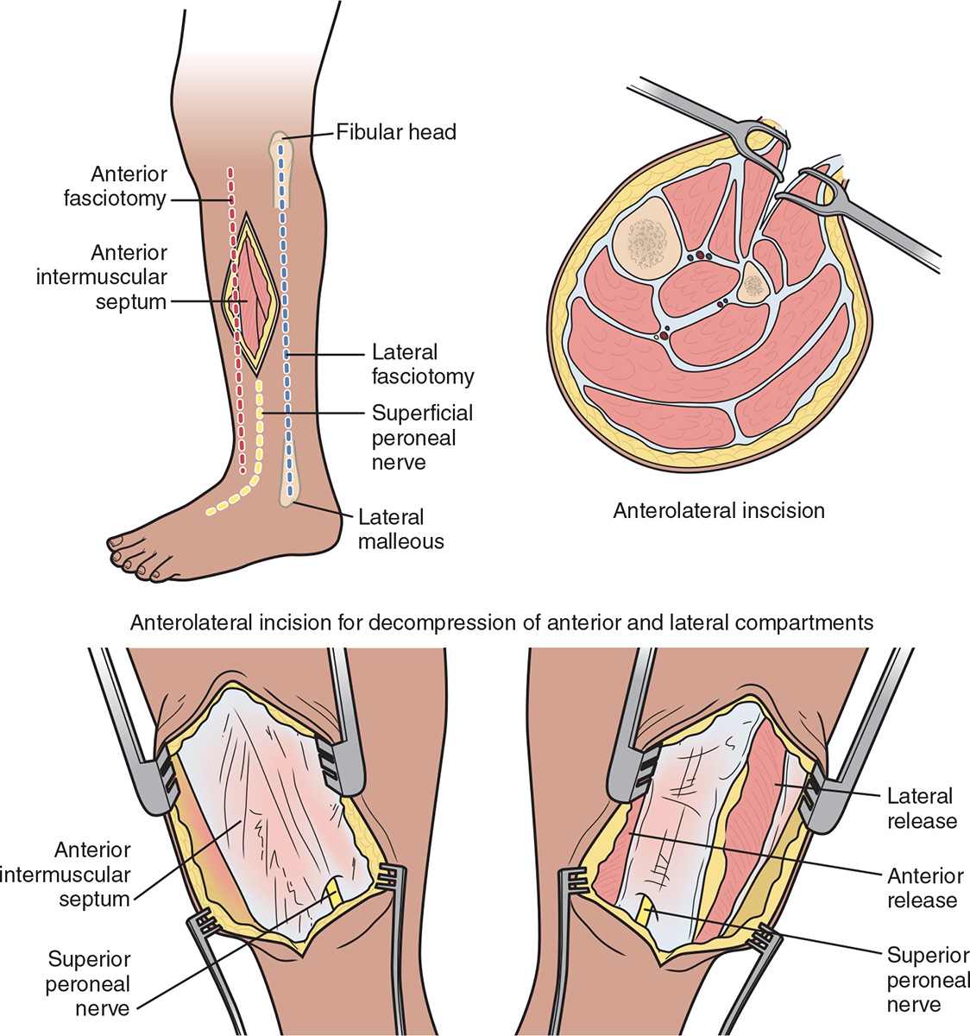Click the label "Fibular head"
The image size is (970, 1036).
[x=396, y=132]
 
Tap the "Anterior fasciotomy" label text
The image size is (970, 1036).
[x=116, y=186]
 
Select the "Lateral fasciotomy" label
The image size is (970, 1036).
[x=422, y=364]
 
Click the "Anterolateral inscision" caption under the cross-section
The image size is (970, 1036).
[x=719, y=510]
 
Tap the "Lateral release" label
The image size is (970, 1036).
[x=922, y=808]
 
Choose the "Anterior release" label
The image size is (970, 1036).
[x=925, y=888]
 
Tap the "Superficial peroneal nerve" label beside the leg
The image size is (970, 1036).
[x=422, y=438]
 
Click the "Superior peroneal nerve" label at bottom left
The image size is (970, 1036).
[x=89, y=983]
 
